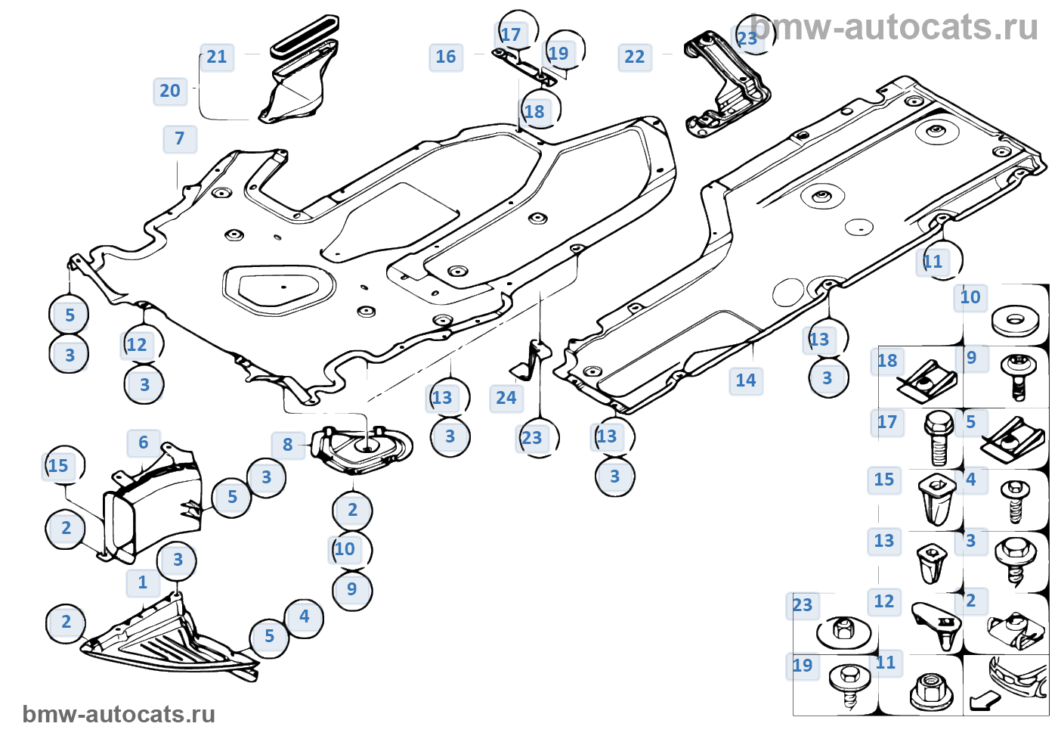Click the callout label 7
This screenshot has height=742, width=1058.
(180, 139)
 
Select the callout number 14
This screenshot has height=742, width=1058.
(746, 380)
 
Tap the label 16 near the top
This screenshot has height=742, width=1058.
(446, 57)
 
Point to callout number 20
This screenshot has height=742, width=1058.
(170, 91)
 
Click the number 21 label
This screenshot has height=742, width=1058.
(217, 57)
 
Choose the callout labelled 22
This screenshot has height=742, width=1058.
(635, 57)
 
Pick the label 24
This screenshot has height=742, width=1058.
(506, 398)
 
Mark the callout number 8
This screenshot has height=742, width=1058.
(288, 445)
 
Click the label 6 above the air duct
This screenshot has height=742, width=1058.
(144, 442)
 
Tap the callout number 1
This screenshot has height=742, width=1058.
(143, 582)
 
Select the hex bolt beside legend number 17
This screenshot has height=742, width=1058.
(938, 438)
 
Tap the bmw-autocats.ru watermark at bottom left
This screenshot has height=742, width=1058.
(119, 715)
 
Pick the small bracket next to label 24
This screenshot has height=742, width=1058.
(533, 360)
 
